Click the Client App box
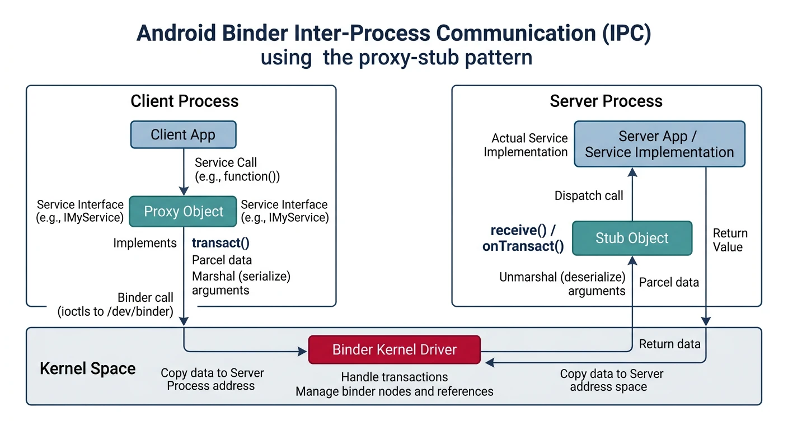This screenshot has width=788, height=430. click(183, 135)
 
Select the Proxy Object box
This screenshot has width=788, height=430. click(183, 211)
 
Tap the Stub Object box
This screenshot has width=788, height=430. click(632, 238)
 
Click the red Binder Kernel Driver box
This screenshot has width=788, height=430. click(395, 350)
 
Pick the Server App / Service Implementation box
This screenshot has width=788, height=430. click(659, 144)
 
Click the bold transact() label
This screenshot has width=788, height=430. click(221, 243)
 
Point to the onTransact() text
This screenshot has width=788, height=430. click(523, 246)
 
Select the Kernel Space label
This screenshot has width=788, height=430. click(88, 369)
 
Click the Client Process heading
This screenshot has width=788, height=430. click(184, 101)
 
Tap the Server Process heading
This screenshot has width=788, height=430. click(606, 101)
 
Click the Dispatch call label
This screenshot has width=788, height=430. click(589, 196)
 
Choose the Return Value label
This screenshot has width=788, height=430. click(730, 240)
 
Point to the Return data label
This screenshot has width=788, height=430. click(669, 344)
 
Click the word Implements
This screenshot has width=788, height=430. click(145, 243)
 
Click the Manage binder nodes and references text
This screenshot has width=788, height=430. click(395, 391)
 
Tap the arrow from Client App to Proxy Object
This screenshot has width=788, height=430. click(183, 171)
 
